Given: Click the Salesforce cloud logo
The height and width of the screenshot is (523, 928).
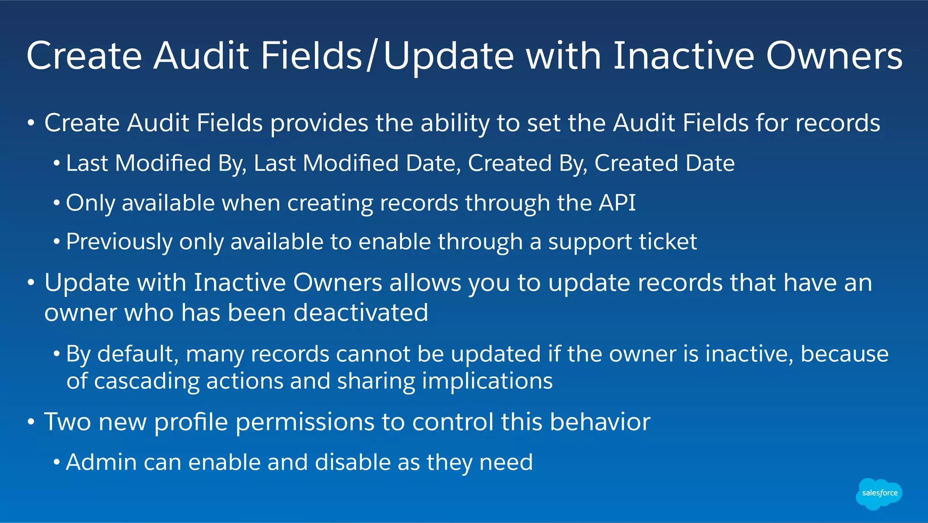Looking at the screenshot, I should pos(879,494).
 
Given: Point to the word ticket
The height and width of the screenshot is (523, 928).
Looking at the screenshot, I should pos(667,242).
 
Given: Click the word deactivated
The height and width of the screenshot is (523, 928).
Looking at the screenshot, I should pos(361,313).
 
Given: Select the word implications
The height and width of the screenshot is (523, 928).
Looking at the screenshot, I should pos(487,381).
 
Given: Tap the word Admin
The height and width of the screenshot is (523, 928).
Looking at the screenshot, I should pos(101,463).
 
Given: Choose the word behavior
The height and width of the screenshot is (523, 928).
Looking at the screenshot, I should pos(600,422).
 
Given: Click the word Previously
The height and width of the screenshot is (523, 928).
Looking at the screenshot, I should pos(119,242).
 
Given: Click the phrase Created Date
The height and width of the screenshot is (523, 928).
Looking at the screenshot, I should pos(664,163).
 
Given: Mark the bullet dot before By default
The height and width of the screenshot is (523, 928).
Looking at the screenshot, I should pos(57,354).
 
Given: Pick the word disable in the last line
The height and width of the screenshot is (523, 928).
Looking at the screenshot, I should pos(352,463).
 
